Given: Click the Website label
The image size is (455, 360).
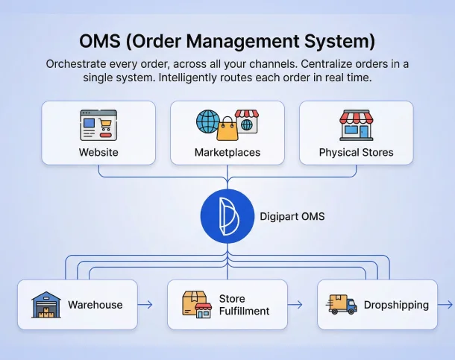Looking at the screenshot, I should (x=98, y=152).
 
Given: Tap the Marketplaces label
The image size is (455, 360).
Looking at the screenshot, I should (x=228, y=152).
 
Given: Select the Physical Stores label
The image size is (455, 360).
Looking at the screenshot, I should (x=356, y=152).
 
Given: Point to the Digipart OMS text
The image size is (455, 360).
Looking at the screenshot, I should (x=293, y=217).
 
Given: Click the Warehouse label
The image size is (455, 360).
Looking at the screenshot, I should (x=95, y=304).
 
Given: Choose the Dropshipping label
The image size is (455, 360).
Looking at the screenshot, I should (x=396, y=304).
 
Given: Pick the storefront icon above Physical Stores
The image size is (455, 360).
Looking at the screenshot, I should (x=355, y=124).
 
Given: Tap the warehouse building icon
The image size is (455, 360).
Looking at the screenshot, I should (x=45, y=306).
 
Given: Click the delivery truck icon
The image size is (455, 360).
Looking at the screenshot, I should (x=342, y=305).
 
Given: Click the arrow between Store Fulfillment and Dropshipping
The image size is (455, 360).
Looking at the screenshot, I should (x=295, y=304).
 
